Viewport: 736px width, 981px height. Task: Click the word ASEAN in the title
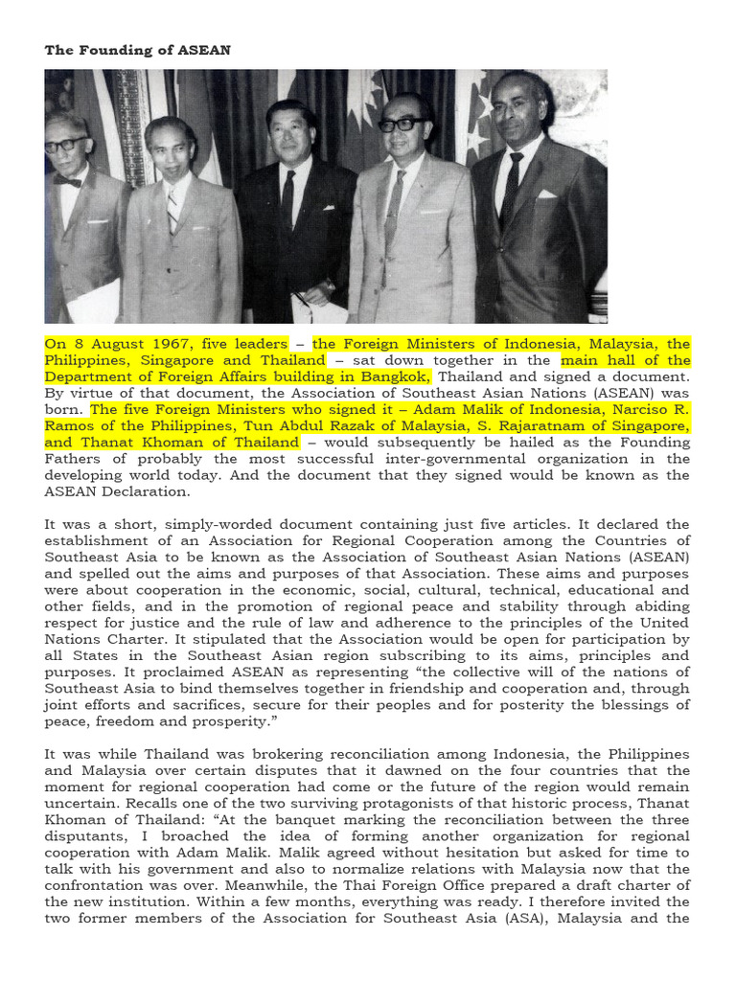pyautogui.click(x=204, y=50)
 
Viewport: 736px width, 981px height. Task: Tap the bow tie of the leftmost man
pyautogui.click(x=67, y=180)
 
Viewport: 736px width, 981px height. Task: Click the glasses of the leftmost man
pyautogui.click(x=65, y=145)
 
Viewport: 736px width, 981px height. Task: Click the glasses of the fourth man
pyautogui.click(x=402, y=125)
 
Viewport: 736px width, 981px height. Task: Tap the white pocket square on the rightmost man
pyautogui.click(x=546, y=194)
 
